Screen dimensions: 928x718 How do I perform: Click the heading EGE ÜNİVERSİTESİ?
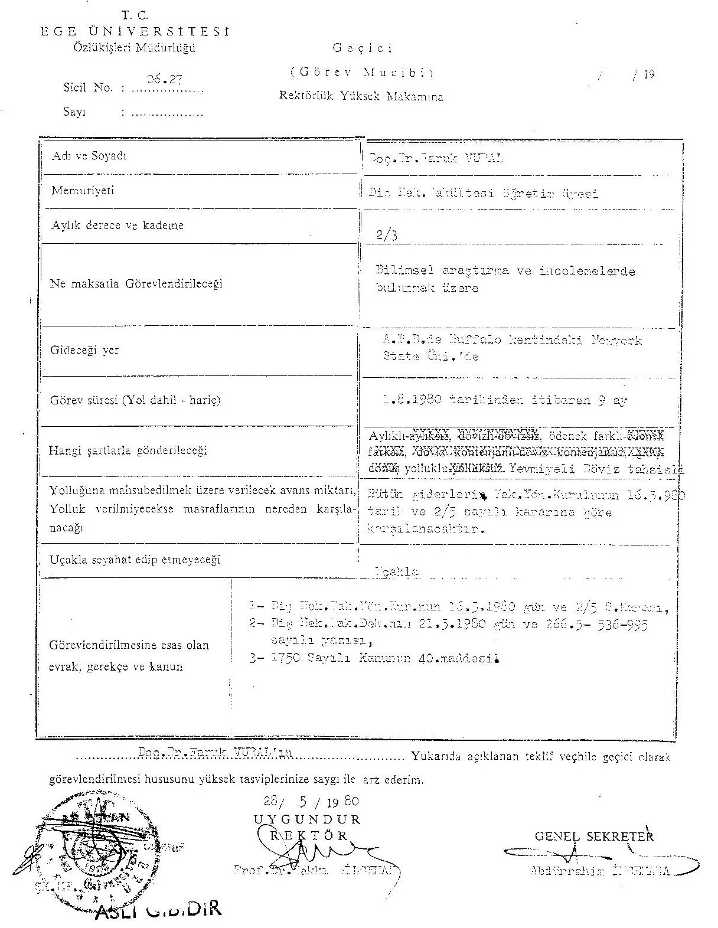[135, 32]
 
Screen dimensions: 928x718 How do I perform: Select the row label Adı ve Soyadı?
[89, 156]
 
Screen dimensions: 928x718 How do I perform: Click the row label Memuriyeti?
[83, 191]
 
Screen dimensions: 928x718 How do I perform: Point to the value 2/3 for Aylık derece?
[387, 235]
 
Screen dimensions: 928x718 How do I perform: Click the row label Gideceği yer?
[84, 350]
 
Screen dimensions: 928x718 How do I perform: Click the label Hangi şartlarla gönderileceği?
[128, 451]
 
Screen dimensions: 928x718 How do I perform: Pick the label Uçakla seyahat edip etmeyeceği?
[135, 560]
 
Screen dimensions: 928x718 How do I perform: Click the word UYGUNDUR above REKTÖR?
[307, 819]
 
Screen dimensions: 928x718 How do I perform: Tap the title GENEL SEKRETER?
[594, 836]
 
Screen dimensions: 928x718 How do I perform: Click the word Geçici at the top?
[363, 48]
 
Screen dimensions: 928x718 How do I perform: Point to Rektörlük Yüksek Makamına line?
[361, 97]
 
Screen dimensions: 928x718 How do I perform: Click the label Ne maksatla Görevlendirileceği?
[136, 284]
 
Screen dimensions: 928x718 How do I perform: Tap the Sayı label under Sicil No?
[74, 112]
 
